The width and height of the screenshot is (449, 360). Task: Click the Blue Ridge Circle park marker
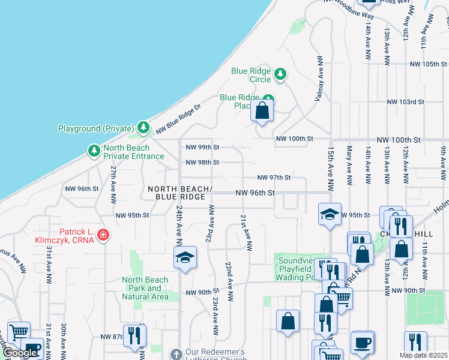coord(280,74)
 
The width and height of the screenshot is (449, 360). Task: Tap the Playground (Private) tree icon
coord(143,127)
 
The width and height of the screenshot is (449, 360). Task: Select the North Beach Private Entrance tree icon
coord(94,150)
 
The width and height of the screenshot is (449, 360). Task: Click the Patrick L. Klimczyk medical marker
coord(103,234)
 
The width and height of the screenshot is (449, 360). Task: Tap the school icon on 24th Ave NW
coord(185,258)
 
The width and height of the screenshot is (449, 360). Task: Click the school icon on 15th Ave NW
coord(330,215)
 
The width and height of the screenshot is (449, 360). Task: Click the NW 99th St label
coord(202,147)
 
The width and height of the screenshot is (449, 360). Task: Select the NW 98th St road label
coord(202,162)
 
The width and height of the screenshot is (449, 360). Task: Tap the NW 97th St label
coord(274,178)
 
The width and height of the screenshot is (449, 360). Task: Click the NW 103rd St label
coord(405,102)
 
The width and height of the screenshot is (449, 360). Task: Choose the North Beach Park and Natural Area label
coord(145,288)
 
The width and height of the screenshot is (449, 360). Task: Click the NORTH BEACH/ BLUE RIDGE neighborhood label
coord(181,193)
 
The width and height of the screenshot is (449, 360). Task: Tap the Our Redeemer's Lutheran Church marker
coord(176,353)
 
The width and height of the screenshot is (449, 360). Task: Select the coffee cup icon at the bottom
coord(362,343)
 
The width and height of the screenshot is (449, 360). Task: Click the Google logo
coord(20,353)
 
